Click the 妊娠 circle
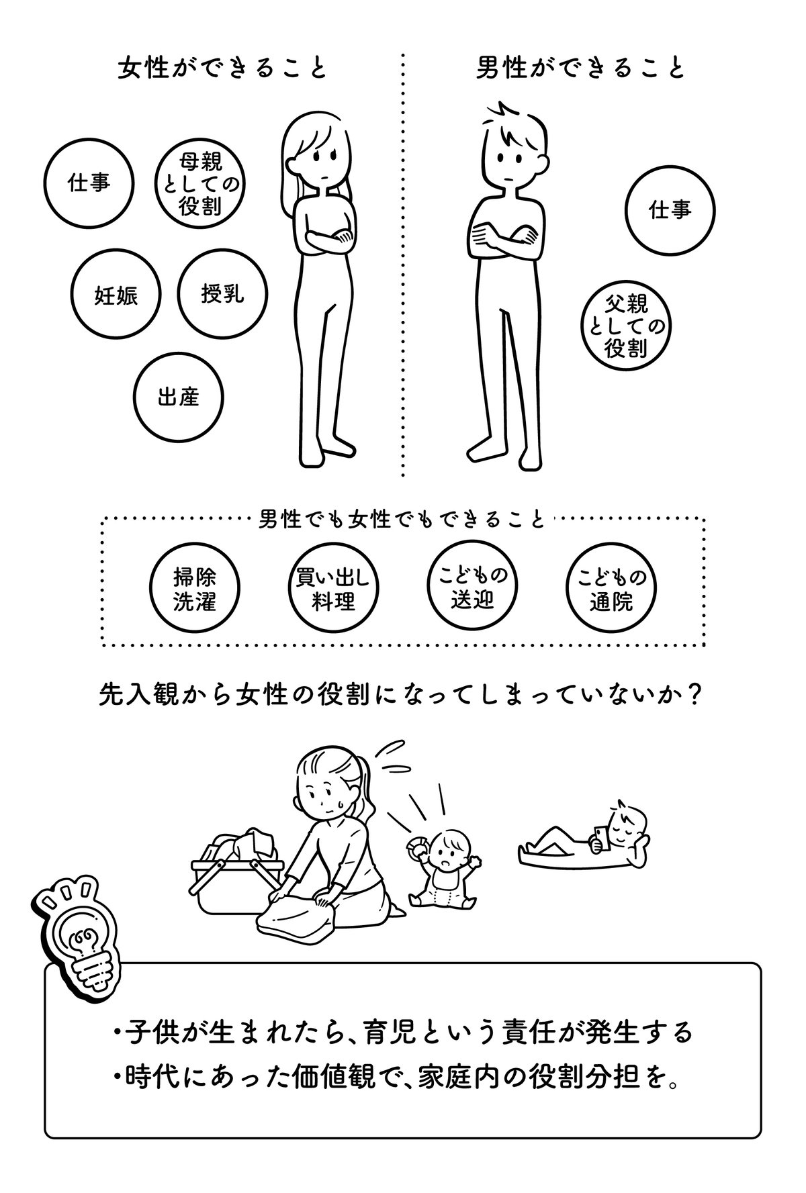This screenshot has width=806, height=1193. pyautogui.click(x=116, y=295)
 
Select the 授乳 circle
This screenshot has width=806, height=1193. pyautogui.click(x=223, y=293)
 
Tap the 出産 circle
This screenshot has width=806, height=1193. pyautogui.click(x=178, y=397)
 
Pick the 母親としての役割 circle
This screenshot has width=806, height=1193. pyautogui.click(x=200, y=183)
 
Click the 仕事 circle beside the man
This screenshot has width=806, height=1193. pyautogui.click(x=669, y=210)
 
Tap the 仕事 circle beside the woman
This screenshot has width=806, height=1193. pyautogui.click(x=89, y=183)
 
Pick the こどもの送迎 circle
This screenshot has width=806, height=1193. pyautogui.click(x=471, y=586)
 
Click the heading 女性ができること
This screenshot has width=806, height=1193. pyautogui.click(x=222, y=68)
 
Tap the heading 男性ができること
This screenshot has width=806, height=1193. pyautogui.click(x=580, y=68)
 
